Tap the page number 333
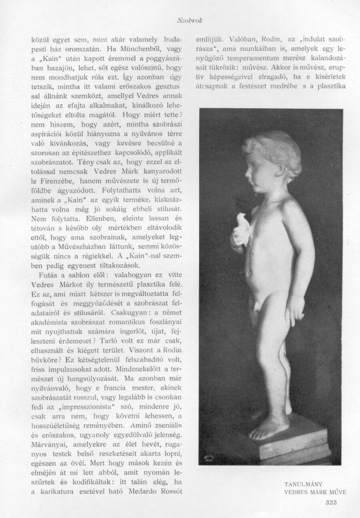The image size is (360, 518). point(329,501)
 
